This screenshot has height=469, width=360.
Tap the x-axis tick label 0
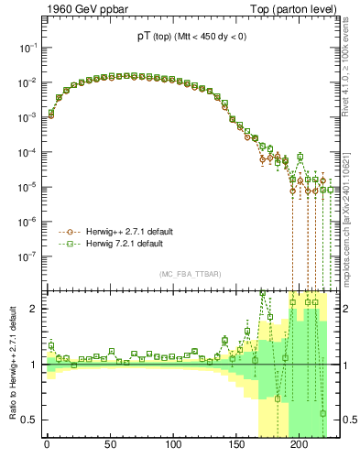point(47,448)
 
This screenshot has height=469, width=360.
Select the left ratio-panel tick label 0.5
point(29,420)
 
